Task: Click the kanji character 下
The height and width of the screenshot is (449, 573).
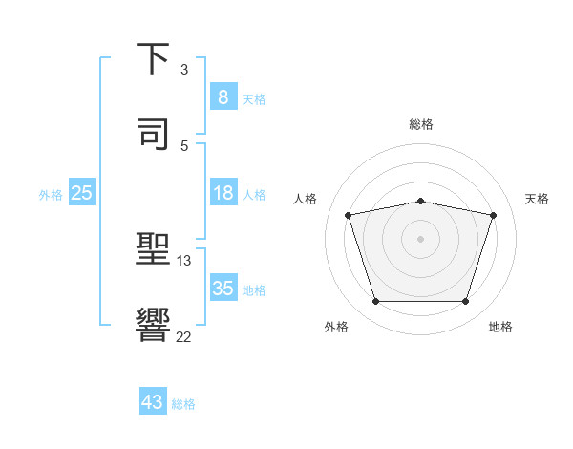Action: pyautogui.click(x=154, y=60)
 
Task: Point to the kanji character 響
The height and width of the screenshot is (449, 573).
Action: pyautogui.click(x=154, y=324)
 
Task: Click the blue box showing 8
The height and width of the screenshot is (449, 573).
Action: pyautogui.click(x=223, y=96)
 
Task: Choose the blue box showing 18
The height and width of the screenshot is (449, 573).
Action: pyautogui.click(x=223, y=193)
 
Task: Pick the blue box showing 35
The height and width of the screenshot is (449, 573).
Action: pyautogui.click(x=223, y=289)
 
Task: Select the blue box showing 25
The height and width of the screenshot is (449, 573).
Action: pyautogui.click(x=82, y=193)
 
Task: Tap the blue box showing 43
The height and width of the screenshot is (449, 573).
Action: pyautogui.click(x=153, y=402)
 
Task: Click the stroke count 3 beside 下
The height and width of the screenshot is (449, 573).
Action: pyautogui.click(x=184, y=70)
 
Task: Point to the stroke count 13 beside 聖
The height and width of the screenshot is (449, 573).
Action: pyautogui.click(x=184, y=261)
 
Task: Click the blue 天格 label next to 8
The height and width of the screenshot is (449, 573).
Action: pyautogui.click(x=254, y=98)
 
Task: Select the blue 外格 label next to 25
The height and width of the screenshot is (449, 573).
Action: pyautogui.click(x=51, y=195)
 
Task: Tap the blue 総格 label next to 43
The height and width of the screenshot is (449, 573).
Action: pyautogui.click(x=183, y=404)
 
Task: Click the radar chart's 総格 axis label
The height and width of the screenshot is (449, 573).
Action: pyautogui.click(x=421, y=124)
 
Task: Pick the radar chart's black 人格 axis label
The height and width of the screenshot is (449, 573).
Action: pyautogui.click(x=306, y=199)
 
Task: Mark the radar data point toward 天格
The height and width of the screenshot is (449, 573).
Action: pyautogui.click(x=494, y=215)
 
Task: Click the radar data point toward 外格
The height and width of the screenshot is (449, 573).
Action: pyautogui.click(x=375, y=302)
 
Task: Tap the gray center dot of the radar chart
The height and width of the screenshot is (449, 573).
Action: pyautogui.click(x=420, y=239)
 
